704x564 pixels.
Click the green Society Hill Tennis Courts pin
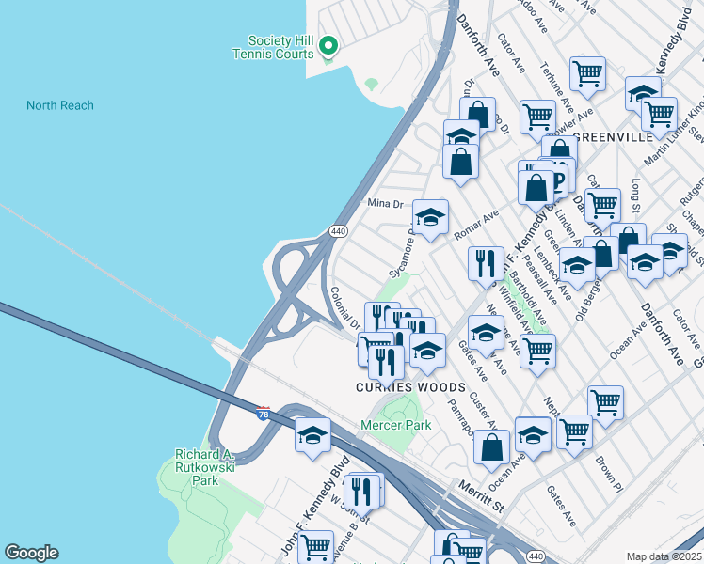tap(328, 45)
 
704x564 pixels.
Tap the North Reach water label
tap(60, 105)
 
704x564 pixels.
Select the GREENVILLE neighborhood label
tap(612, 136)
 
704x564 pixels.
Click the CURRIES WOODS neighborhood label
tap(409, 387)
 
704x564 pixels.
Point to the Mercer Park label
tap(395, 425)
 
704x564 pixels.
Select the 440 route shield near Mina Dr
tap(338, 230)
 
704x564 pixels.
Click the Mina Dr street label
tap(385, 202)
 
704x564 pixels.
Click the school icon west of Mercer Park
tap(313, 435)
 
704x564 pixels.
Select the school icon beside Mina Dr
tap(430, 218)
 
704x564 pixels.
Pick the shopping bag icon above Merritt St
tap(492, 447)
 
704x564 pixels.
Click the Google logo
tap(31, 553)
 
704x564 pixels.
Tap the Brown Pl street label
tap(608, 470)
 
